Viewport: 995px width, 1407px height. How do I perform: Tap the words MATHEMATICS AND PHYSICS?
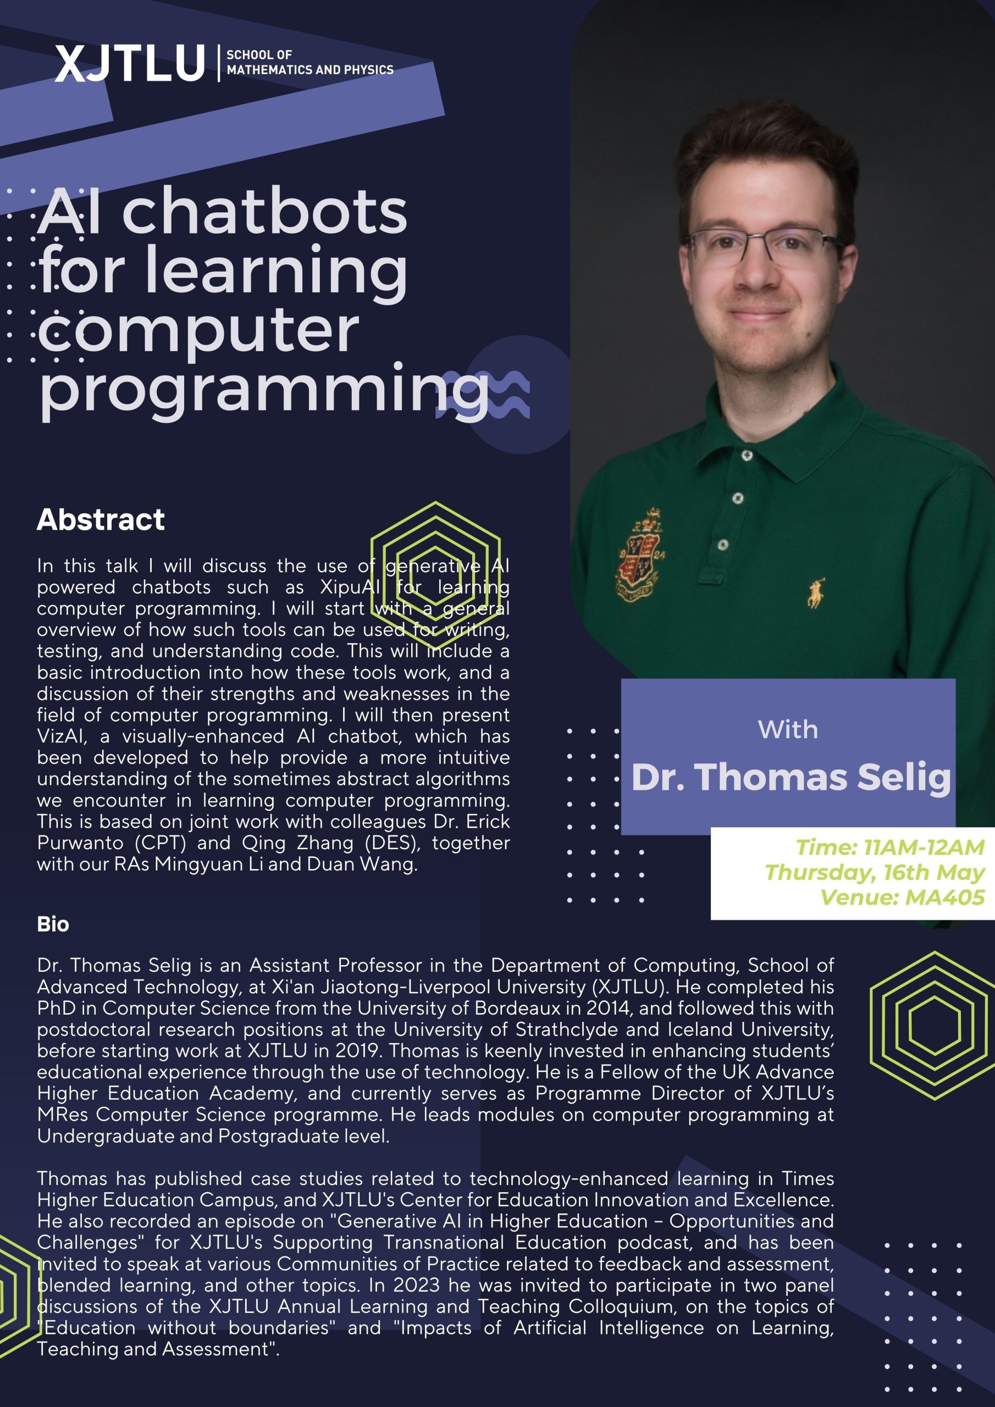(310, 70)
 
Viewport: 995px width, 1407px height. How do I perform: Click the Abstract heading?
(101, 520)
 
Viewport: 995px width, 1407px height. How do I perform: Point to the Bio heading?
(53, 924)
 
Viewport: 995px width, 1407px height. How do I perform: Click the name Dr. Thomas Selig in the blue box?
(791, 778)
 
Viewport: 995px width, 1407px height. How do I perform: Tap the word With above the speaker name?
(788, 730)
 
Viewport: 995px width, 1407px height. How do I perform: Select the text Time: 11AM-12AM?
(890, 847)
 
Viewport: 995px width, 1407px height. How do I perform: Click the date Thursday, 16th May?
(875, 873)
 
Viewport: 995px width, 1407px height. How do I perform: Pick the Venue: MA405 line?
(903, 898)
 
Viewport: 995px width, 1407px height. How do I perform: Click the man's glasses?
(765, 246)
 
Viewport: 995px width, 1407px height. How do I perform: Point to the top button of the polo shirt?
(747, 455)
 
